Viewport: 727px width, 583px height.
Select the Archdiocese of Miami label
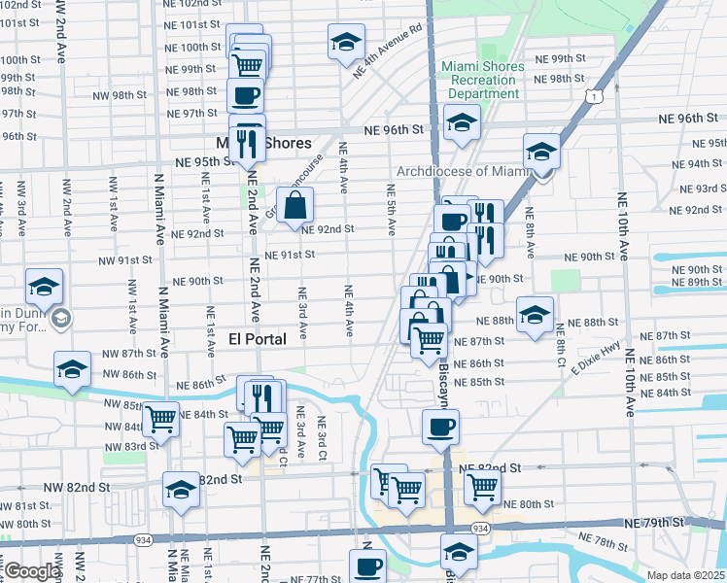461,171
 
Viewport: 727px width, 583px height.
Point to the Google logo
32,571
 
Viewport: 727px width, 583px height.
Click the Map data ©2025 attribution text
685,575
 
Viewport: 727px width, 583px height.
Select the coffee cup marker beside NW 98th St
246,95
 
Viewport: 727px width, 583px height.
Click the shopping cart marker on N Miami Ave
161,420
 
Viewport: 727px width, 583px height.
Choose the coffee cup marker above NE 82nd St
440,428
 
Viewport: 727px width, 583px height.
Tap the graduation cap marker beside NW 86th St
72,370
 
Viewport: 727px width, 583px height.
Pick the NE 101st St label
191,24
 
